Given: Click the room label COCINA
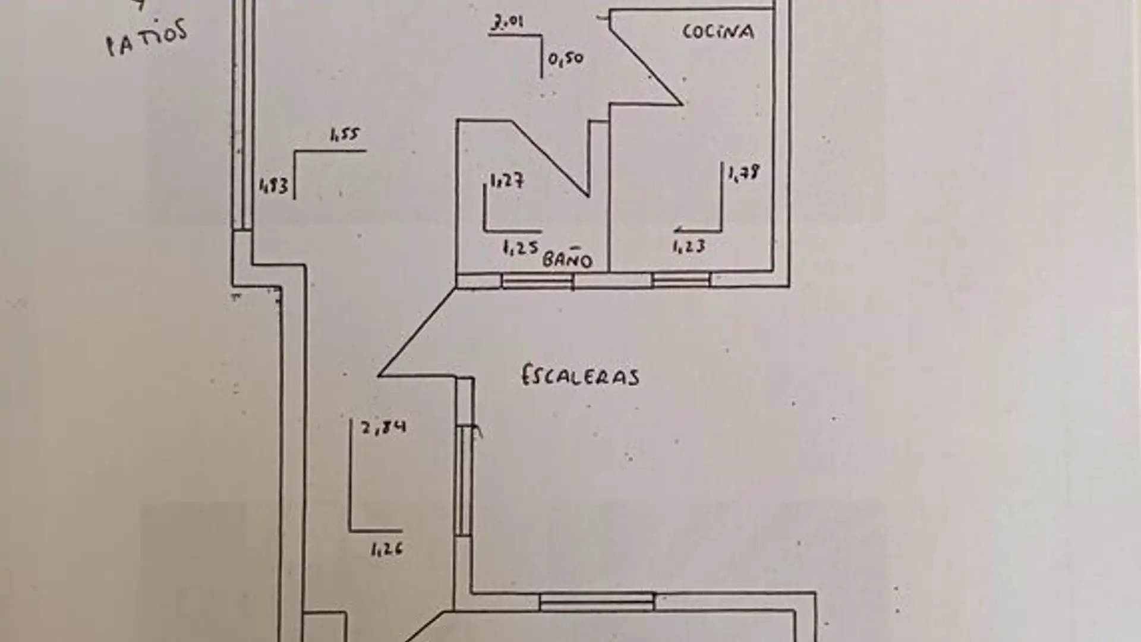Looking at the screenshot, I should coord(718,31).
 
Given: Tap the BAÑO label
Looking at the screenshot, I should coord(568,260).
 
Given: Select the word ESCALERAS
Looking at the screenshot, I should coord(580,376).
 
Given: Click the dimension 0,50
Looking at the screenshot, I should coord(565,59).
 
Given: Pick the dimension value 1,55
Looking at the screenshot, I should coord(344,135).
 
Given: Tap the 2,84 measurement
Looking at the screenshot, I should coord(384,427).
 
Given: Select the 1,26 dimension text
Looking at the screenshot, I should coord(386,549).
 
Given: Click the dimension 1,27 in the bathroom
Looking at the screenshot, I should coord(506,180).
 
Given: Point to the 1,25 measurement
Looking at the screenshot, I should coord(520,247).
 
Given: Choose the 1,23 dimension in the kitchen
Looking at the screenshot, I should coord(689,246).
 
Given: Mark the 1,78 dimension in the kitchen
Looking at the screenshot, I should coord(743,173).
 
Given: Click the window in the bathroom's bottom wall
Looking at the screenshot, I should coord(537,281).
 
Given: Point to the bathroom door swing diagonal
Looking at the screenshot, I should coord(550,158).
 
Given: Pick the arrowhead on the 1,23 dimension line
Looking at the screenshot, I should coord(678,231).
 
